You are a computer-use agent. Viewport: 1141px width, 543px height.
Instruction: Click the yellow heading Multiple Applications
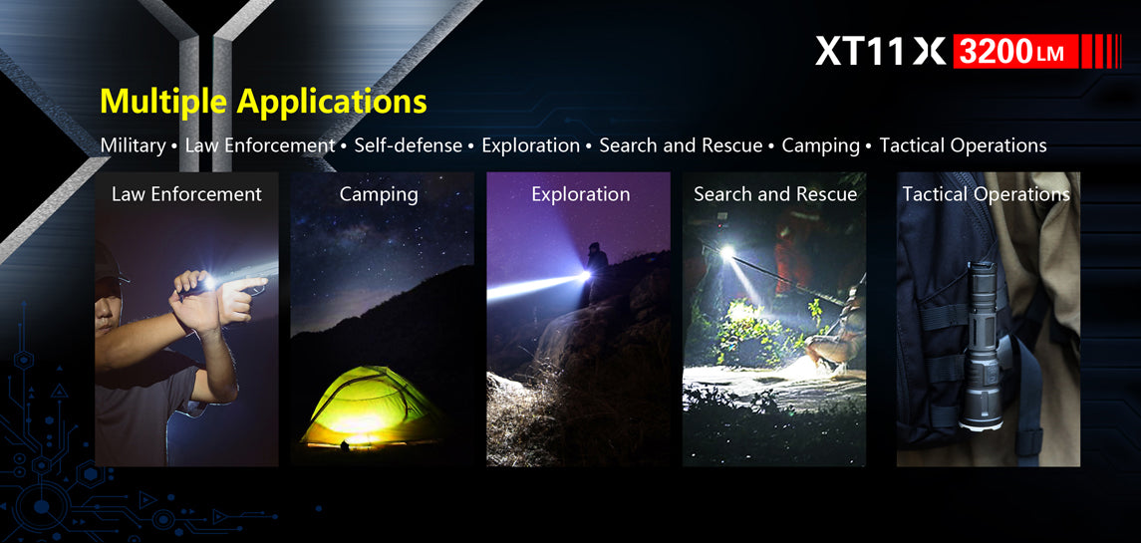click(263, 102)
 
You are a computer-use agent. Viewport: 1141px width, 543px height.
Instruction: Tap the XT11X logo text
click(880, 51)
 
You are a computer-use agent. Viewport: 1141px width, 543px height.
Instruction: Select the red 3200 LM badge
click(1015, 51)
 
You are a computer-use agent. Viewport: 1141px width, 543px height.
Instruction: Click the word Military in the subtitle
click(134, 145)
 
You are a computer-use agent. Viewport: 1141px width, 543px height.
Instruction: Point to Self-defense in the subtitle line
click(409, 145)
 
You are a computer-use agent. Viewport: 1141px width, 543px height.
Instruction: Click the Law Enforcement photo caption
click(186, 194)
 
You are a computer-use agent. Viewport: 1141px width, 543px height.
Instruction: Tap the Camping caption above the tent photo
click(379, 195)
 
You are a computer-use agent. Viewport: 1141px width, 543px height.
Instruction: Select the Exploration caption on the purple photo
click(581, 195)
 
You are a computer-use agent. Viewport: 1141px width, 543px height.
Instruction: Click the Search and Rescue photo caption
click(775, 194)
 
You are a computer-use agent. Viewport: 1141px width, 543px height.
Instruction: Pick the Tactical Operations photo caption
click(986, 195)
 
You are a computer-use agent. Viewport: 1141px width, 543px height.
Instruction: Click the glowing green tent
click(372, 407)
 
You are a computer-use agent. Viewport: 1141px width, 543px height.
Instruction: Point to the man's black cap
click(107, 263)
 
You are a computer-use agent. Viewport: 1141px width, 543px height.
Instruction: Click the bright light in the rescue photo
click(726, 253)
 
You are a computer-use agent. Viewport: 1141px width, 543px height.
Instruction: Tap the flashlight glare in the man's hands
click(209, 282)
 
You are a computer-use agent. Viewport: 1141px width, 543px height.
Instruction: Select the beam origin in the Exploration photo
click(583, 276)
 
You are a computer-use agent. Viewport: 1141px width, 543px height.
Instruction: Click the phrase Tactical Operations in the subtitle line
click(963, 145)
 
